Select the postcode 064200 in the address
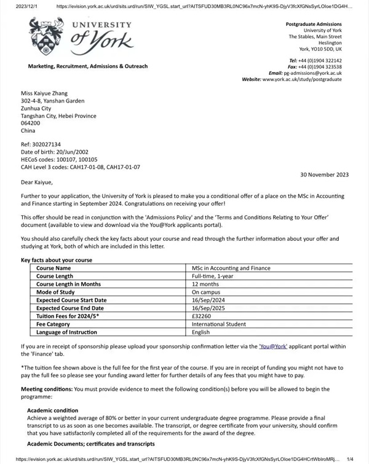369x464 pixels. pos(30,123)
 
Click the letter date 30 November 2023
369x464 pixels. pos(324,175)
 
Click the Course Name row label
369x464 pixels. pos(54,268)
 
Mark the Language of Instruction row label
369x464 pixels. pos(66,332)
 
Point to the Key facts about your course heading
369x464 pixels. pos(57,260)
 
